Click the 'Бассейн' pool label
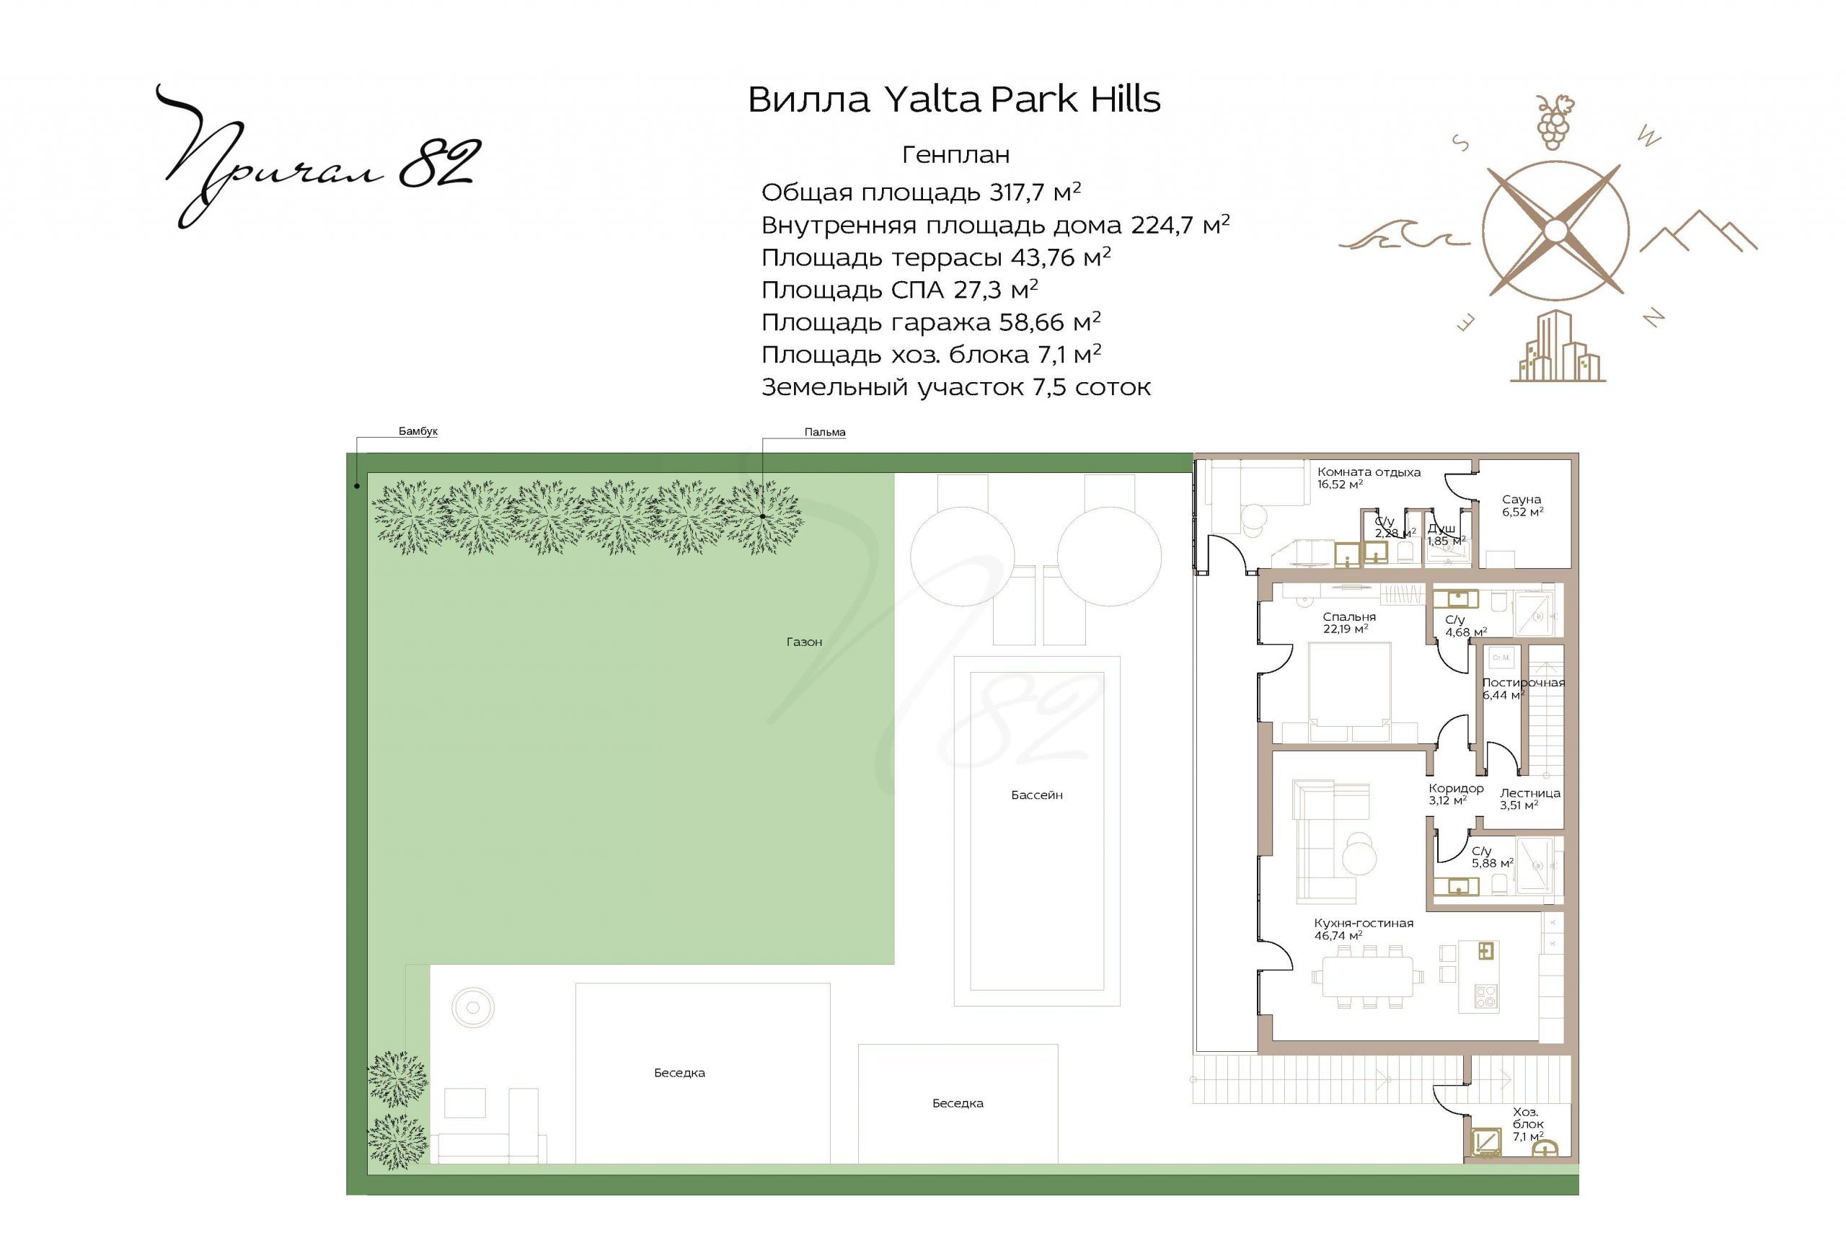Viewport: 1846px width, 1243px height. (1036, 795)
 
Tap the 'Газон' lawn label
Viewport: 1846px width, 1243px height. (804, 642)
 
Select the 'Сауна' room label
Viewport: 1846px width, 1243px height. (1521, 500)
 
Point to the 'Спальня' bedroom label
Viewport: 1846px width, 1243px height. (1349, 616)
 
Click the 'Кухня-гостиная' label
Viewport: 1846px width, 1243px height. (1364, 923)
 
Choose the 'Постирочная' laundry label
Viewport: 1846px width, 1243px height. (1524, 683)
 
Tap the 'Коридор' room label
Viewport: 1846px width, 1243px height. (1456, 788)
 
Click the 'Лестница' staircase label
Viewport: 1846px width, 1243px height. (1529, 792)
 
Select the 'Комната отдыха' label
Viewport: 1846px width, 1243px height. (1369, 472)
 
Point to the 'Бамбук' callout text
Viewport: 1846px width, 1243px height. (418, 431)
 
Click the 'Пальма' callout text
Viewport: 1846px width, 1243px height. (824, 432)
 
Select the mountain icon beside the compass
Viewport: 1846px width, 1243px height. (1699, 231)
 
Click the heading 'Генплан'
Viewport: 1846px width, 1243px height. (955, 154)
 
